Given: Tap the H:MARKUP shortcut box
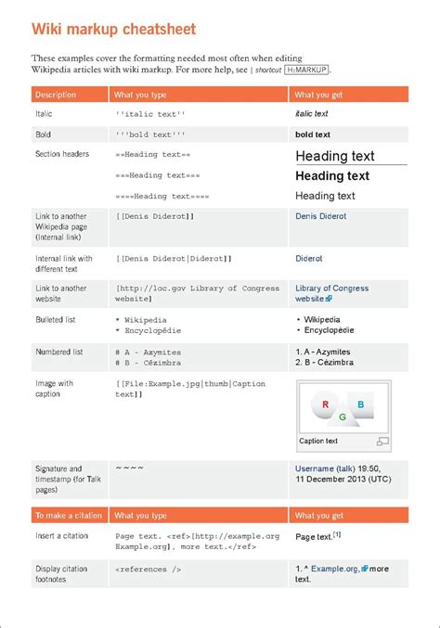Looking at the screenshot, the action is tap(306, 70).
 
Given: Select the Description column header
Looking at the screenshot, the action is tap(56, 95).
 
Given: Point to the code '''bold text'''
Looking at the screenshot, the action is tap(150, 135).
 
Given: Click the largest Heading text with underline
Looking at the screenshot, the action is tap(335, 156).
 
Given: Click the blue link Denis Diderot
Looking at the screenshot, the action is tap(320, 216).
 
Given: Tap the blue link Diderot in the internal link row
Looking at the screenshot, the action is tap(309, 259).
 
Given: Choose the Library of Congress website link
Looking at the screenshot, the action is tap(331, 288).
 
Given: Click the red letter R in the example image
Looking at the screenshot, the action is tap(325, 404).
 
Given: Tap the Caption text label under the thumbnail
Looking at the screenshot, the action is tap(318, 441).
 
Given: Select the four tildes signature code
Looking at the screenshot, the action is tap(129, 468).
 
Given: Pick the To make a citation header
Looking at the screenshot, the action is tap(69, 515).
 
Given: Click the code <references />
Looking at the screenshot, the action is tap(149, 569).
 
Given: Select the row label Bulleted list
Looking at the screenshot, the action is tap(56, 320).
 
